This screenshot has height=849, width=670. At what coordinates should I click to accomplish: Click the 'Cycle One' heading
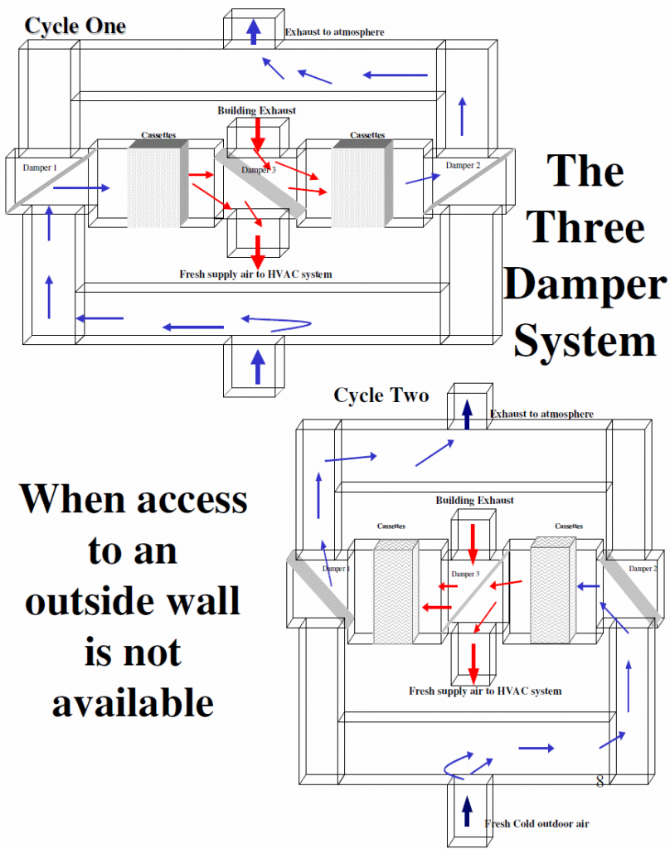[75, 26]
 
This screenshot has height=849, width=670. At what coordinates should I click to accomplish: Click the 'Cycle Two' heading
[381, 395]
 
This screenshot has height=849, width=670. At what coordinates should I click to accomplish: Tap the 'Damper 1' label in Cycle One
[40, 167]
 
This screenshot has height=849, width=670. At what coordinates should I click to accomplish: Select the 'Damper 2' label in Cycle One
[463, 165]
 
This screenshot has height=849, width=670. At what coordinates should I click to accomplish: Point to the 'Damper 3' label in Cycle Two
[465, 574]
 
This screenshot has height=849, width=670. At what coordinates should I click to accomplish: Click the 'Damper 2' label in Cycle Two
[643, 569]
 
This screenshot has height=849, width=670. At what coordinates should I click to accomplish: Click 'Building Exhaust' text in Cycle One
[257, 110]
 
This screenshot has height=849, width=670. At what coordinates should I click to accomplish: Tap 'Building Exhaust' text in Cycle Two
[475, 500]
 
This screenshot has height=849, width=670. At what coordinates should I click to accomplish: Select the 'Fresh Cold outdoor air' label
[536, 823]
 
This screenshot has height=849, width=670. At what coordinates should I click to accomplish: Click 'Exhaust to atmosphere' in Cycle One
[335, 32]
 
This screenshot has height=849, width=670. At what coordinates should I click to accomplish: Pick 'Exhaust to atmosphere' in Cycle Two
[541, 414]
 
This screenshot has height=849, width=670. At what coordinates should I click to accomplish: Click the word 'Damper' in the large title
[585, 284]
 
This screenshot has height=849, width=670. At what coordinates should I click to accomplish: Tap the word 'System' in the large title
[585, 341]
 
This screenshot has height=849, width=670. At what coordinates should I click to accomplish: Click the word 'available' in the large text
[134, 702]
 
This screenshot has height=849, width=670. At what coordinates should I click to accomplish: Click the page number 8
[600, 781]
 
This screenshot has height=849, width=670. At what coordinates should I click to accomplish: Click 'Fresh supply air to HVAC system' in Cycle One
[255, 274]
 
